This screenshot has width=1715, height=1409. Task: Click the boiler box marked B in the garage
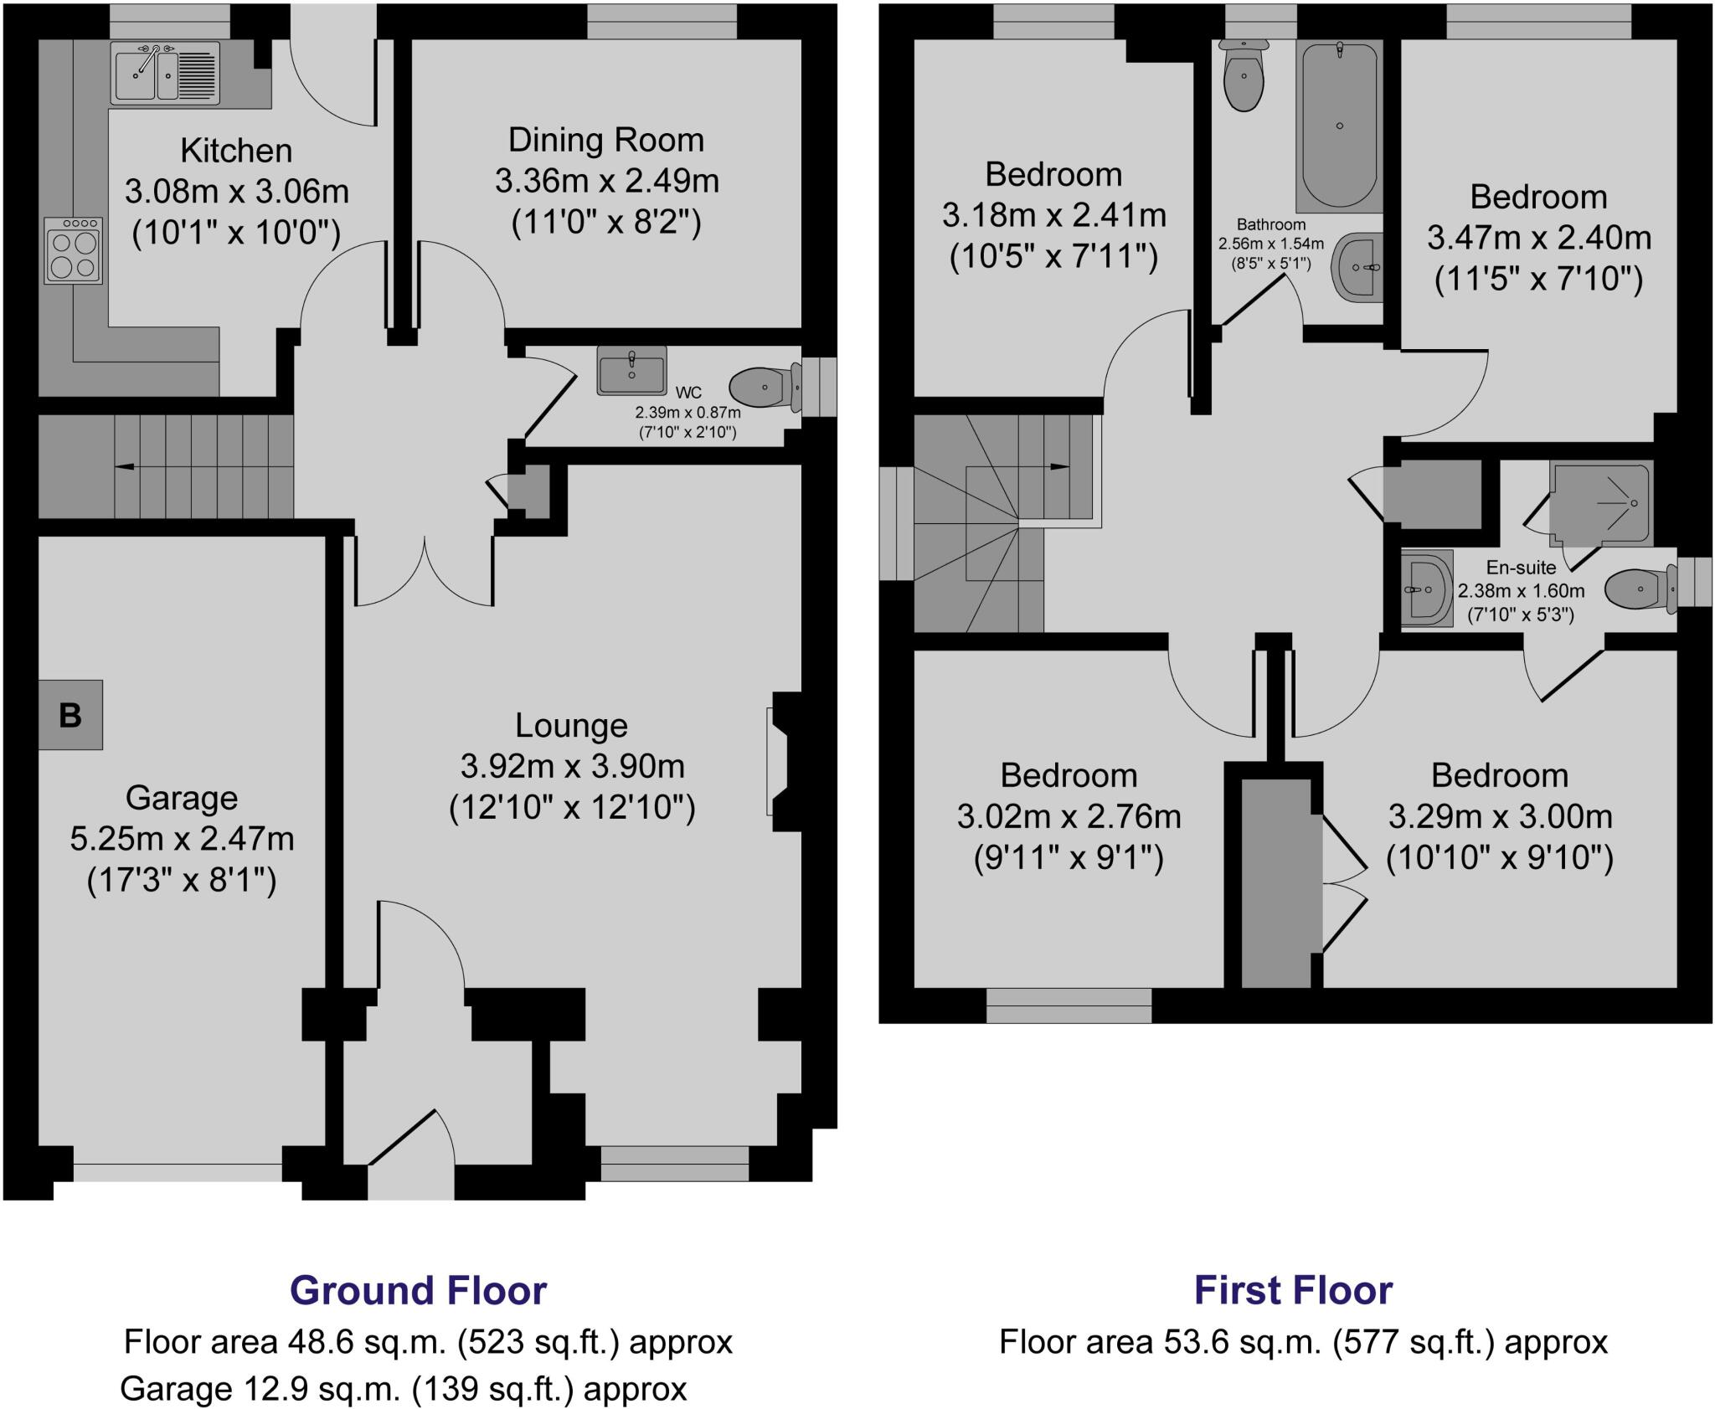click(x=70, y=714)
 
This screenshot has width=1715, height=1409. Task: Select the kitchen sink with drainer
click(x=167, y=73)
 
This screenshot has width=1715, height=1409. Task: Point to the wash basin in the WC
click(x=631, y=370)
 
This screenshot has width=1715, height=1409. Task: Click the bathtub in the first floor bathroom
click(x=1339, y=126)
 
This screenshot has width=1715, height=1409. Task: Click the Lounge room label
click(x=571, y=725)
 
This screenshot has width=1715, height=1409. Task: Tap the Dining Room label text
click(x=606, y=140)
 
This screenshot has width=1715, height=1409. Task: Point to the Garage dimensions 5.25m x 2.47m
click(x=182, y=838)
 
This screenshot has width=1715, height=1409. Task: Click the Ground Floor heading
click(x=418, y=1290)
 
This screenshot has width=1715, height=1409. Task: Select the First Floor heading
click(x=1293, y=1290)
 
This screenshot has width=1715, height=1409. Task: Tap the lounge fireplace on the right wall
click(x=779, y=760)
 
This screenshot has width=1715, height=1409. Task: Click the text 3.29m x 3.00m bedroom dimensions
click(x=1500, y=816)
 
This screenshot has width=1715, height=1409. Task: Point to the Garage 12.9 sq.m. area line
click(x=404, y=1389)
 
